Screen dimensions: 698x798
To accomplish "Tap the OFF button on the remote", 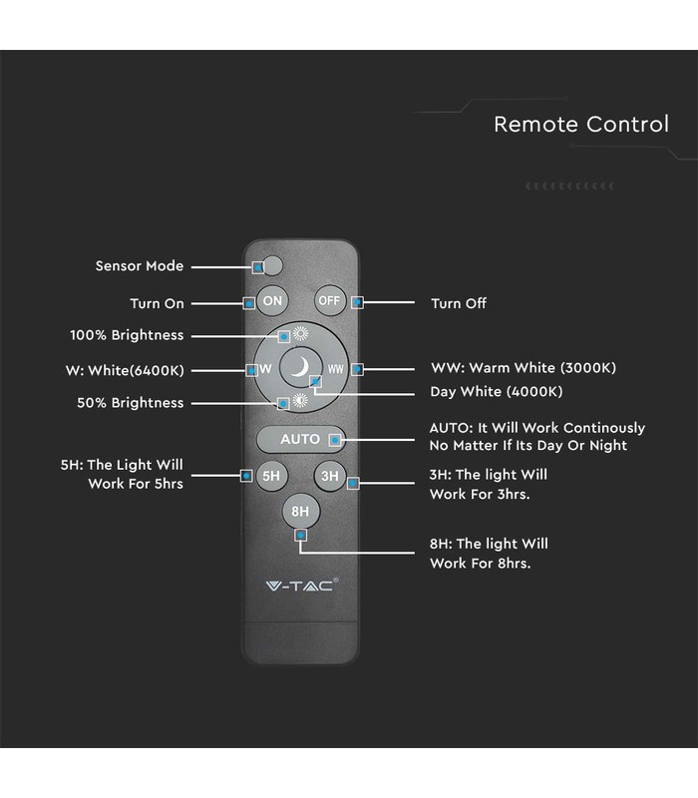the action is pyautogui.click(x=330, y=301).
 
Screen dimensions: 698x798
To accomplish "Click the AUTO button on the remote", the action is pyautogui.click(x=301, y=439).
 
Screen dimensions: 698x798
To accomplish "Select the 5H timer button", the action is pyautogui.click(x=271, y=476).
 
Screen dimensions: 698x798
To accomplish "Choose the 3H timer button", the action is pyautogui.click(x=330, y=476).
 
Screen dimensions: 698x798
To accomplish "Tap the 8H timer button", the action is pyautogui.click(x=301, y=511).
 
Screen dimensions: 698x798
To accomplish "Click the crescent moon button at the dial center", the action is pyautogui.click(x=301, y=367).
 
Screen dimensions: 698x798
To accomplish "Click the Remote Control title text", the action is pyautogui.click(x=581, y=124).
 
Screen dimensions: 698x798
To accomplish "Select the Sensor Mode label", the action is pyautogui.click(x=140, y=265).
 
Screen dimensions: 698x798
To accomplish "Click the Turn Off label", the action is pyautogui.click(x=459, y=303).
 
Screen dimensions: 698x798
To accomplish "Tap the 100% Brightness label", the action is pyautogui.click(x=127, y=335).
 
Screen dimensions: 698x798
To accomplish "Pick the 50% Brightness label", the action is pyautogui.click(x=131, y=403).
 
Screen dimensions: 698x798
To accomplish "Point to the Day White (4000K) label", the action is pyautogui.click(x=497, y=391).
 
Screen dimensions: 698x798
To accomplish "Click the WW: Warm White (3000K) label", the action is pyautogui.click(x=523, y=367).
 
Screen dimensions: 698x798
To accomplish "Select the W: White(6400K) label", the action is pyautogui.click(x=125, y=370).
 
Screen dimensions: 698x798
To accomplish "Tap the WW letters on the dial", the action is pyautogui.click(x=335, y=369).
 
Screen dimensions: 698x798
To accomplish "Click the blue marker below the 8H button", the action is pyautogui.click(x=301, y=536).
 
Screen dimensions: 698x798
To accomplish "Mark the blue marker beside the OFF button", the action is pyautogui.click(x=357, y=302).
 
